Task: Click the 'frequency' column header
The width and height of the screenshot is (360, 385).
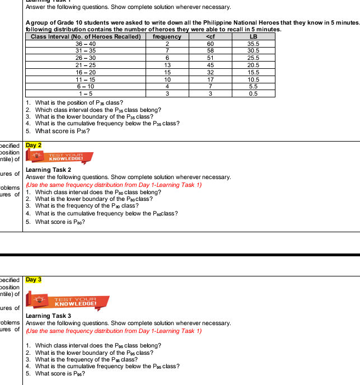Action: (167, 36)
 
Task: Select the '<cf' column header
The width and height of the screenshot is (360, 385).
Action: (210, 36)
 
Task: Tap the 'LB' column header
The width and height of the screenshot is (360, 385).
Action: (253, 36)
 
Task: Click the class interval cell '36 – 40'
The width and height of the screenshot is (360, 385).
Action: (86, 43)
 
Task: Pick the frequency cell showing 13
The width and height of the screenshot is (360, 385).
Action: (167, 65)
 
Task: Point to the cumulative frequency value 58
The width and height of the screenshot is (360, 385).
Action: (210, 50)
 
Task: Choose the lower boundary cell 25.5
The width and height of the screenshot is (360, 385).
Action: (253, 58)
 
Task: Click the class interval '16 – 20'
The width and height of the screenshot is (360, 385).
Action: (86, 72)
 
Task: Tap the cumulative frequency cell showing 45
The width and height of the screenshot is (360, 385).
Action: (210, 65)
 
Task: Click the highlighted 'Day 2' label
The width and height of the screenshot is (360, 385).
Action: (34, 145)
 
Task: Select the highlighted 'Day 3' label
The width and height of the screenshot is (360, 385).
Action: (34, 279)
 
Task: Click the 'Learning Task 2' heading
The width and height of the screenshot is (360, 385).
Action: (49, 170)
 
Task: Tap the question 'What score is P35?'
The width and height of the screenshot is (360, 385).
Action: (62, 132)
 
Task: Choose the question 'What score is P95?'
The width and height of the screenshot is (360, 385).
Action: (60, 374)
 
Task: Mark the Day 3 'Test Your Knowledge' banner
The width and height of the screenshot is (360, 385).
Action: (71, 303)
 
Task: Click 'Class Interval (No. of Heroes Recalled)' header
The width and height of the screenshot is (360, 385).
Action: (86, 36)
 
